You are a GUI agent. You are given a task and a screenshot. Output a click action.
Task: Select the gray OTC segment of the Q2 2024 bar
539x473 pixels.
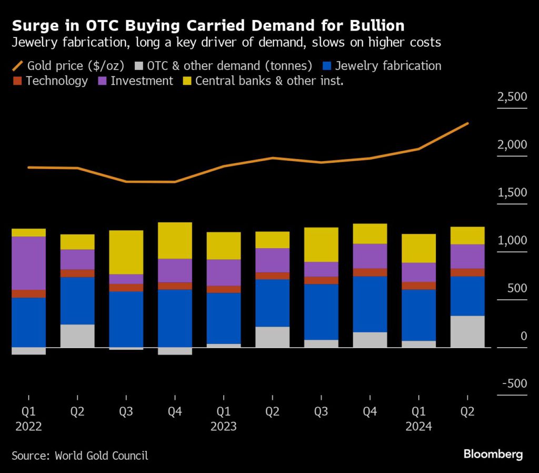(467, 331)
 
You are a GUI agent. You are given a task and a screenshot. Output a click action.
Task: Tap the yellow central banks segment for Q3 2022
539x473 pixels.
(126, 252)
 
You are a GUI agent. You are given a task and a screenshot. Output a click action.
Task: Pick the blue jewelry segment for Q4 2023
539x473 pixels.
(370, 304)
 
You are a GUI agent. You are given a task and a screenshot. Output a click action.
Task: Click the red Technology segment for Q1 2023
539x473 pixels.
(224, 289)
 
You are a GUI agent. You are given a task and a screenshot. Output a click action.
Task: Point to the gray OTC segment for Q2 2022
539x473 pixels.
(77, 336)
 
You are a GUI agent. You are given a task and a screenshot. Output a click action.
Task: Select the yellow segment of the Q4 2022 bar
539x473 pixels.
(175, 240)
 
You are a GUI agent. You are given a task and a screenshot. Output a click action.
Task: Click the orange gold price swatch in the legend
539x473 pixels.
(18, 66)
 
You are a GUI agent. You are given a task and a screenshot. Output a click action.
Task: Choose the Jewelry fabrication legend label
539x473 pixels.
(388, 66)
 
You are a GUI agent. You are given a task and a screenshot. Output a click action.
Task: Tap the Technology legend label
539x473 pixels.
(57, 81)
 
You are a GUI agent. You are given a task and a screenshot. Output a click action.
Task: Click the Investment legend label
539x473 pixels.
(142, 81)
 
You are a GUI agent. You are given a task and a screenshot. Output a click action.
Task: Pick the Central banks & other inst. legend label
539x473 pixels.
(269, 81)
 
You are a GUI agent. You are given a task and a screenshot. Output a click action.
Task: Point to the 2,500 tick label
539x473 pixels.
(512, 97)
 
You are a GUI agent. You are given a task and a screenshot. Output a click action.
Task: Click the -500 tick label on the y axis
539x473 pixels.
(514, 383)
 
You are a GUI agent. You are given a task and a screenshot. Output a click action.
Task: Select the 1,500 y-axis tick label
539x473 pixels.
(512, 193)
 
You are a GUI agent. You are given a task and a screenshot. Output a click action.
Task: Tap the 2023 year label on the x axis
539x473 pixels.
(224, 426)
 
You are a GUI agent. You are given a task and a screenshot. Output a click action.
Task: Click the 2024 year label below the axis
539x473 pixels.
(418, 426)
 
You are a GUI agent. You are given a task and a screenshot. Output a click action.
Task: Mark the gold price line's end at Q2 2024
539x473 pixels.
(468, 124)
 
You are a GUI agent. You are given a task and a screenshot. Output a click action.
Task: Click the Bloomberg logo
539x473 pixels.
(493, 454)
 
